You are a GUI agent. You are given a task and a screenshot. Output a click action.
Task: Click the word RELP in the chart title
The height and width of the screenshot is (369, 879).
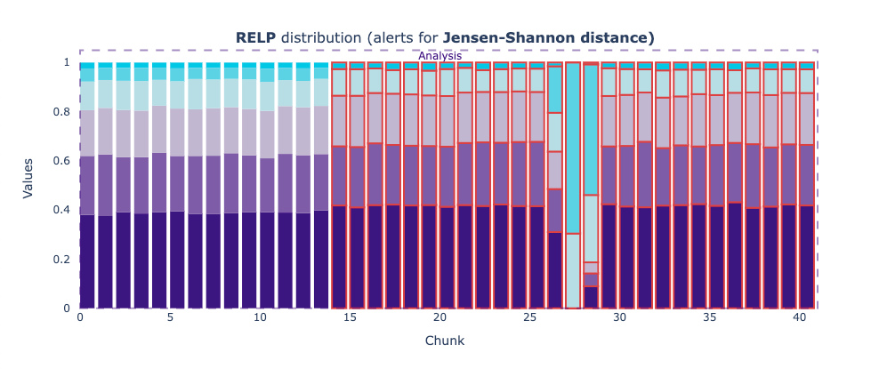coord(255,37)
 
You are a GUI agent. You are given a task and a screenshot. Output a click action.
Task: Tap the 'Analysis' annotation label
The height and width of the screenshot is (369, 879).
coord(439,56)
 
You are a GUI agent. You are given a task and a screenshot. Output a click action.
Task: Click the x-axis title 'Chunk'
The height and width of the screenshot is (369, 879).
coord(444,341)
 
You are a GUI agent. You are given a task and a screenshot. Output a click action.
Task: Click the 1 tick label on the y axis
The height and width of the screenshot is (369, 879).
coord(67,62)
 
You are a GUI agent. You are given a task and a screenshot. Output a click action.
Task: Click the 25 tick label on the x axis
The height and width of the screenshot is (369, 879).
coord(530,317)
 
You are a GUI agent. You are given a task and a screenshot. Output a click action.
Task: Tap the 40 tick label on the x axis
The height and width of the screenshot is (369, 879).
coord(800,317)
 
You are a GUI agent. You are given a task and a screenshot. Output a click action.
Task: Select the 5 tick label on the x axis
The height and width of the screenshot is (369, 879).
coord(170,317)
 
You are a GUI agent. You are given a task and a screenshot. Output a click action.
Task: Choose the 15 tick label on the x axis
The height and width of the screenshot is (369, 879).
coord(350,317)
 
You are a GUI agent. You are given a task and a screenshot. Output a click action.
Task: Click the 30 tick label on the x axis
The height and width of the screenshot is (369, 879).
coord(620,317)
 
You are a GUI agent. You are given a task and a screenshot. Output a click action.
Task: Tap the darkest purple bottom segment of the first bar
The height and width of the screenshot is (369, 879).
coord(87,261)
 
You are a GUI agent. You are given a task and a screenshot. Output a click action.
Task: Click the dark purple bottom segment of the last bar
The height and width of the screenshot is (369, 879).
coord(807,257)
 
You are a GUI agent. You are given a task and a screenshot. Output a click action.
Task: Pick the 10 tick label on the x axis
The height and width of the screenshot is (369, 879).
coord(260,317)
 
